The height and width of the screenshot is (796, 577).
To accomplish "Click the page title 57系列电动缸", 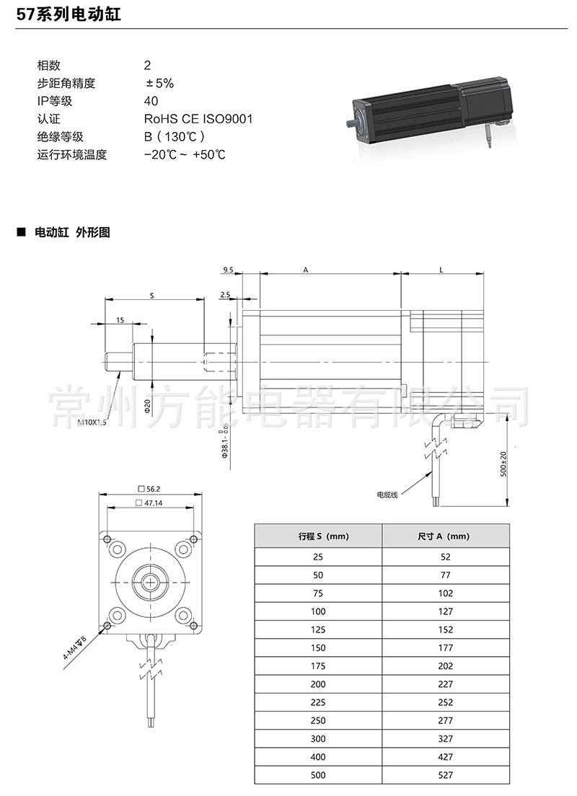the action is (x=69, y=14).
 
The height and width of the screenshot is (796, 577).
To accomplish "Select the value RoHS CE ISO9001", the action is (x=198, y=119).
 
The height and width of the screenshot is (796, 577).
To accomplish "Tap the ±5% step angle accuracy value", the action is (x=159, y=83).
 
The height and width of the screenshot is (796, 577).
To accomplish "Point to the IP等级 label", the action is (x=54, y=101).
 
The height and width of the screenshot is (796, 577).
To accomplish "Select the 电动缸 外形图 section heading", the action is (x=72, y=232).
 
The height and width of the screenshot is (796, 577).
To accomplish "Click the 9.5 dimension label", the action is (x=227, y=270).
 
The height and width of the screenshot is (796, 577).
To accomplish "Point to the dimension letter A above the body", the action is (x=306, y=270).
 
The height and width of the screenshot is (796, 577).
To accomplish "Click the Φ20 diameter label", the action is (x=147, y=406).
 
